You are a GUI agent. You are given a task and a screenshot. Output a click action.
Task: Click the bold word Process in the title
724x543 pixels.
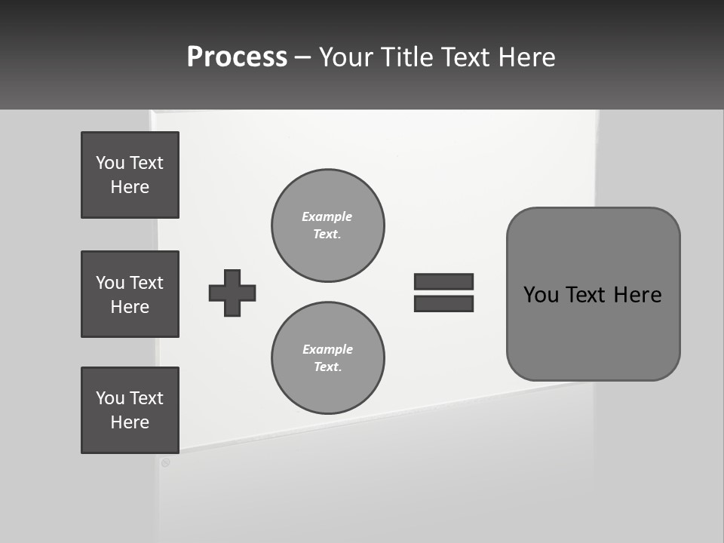point(237,57)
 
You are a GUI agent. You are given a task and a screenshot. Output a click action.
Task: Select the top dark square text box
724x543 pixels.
point(130,175)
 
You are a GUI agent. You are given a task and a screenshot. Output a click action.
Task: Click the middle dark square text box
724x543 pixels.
point(130,294)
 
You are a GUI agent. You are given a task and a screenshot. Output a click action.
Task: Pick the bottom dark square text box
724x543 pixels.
point(130,410)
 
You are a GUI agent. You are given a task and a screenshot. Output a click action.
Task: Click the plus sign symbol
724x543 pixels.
point(232,293)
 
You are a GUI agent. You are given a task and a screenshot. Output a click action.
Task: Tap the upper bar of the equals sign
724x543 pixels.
point(443,281)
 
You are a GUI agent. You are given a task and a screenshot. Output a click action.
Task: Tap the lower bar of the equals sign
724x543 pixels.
point(443,304)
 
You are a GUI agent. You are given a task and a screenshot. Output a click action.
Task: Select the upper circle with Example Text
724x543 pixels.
point(327,225)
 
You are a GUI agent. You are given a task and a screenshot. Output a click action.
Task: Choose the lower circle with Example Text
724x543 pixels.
point(327,357)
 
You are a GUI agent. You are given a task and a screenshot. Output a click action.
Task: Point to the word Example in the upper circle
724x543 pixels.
point(327,216)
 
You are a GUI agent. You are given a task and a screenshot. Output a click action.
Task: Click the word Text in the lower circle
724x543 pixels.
point(327,367)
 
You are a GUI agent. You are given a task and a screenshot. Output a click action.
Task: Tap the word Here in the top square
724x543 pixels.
point(130,187)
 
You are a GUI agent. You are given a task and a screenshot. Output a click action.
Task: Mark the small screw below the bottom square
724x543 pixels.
point(165,462)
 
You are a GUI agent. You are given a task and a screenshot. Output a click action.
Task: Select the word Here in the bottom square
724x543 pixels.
point(130,422)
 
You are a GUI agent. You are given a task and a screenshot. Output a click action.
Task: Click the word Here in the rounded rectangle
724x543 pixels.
point(637,295)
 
